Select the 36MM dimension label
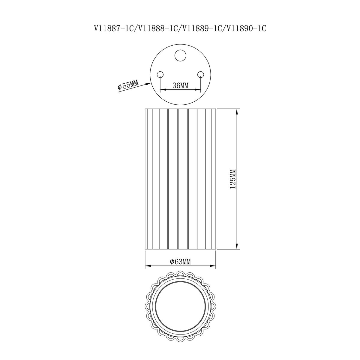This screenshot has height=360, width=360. coord(181,85)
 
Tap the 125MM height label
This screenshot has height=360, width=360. coord(233,179)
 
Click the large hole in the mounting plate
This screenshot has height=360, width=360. coord(181,55)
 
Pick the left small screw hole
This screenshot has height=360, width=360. coord(160,74)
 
